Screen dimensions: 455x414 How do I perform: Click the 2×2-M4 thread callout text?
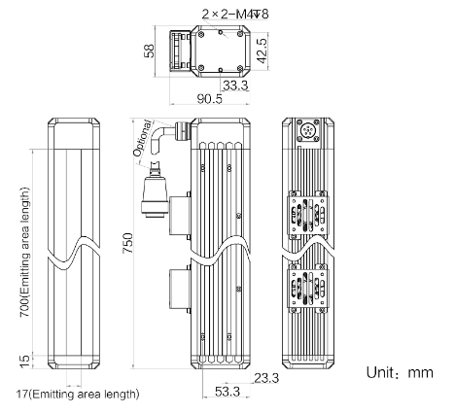(x=235, y=14)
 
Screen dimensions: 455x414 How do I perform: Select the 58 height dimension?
(x=149, y=51)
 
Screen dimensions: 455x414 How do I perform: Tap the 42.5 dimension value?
(x=261, y=51)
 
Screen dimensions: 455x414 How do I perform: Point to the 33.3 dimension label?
(x=235, y=86)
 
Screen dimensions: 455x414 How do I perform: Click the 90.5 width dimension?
(x=210, y=99)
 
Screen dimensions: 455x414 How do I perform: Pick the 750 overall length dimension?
(x=127, y=243)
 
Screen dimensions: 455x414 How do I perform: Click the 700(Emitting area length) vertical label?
(x=25, y=253)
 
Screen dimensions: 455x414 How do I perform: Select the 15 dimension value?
(x=25, y=362)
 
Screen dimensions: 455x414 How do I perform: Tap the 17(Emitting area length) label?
(x=78, y=395)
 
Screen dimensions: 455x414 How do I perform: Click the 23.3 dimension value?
(x=266, y=378)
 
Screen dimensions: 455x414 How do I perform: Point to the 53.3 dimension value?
(x=227, y=392)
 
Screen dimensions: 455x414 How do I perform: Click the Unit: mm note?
(x=400, y=372)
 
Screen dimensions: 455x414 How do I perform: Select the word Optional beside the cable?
(x=142, y=138)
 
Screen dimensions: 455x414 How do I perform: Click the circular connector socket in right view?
(x=308, y=131)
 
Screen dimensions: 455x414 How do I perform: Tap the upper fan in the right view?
(x=308, y=216)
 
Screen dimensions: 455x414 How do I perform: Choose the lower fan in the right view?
(x=308, y=289)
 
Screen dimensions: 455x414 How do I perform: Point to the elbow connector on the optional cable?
(x=167, y=138)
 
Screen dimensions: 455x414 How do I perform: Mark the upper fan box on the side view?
(x=179, y=216)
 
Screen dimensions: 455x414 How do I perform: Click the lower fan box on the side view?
(x=179, y=289)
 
